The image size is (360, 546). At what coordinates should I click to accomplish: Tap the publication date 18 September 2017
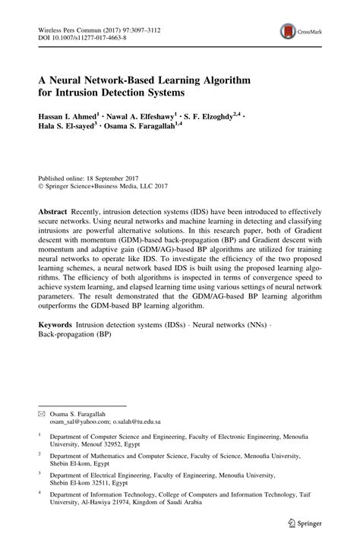click(x=114, y=174)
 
